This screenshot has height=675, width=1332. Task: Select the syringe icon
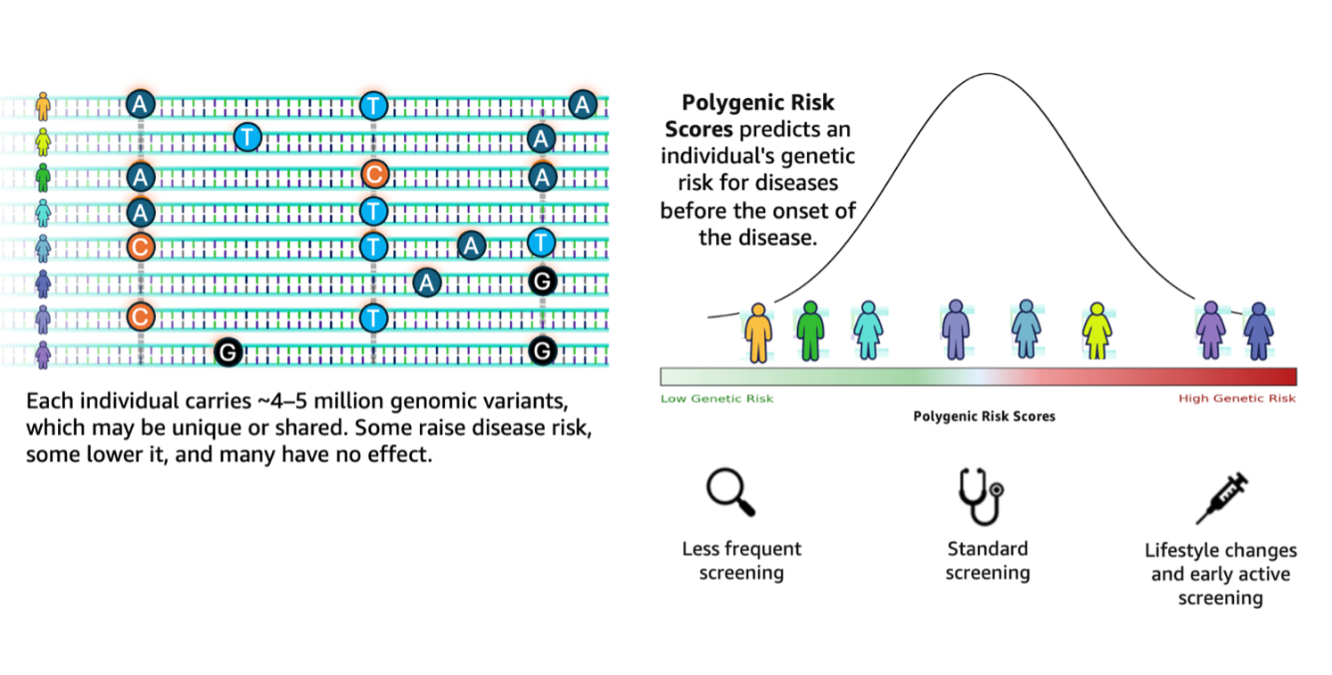(1221, 498)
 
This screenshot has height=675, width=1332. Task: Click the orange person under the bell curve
(758, 332)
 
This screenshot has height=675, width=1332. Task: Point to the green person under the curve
(809, 330)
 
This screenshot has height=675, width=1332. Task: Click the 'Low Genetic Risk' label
(717, 399)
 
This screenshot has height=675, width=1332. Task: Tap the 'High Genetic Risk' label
(1237, 399)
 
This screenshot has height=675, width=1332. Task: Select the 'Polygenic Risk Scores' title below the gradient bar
(983, 416)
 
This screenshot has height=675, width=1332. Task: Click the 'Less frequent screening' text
(741, 561)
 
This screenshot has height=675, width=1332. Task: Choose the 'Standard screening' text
(987, 561)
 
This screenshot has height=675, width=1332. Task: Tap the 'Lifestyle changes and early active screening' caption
(1220, 574)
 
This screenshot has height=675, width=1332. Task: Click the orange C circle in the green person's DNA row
(374, 176)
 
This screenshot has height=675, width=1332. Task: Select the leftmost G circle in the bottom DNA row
(228, 353)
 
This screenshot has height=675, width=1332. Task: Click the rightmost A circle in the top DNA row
(582, 104)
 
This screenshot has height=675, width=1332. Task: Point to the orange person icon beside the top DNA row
(42, 105)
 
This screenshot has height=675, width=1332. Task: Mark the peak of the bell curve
(989, 74)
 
